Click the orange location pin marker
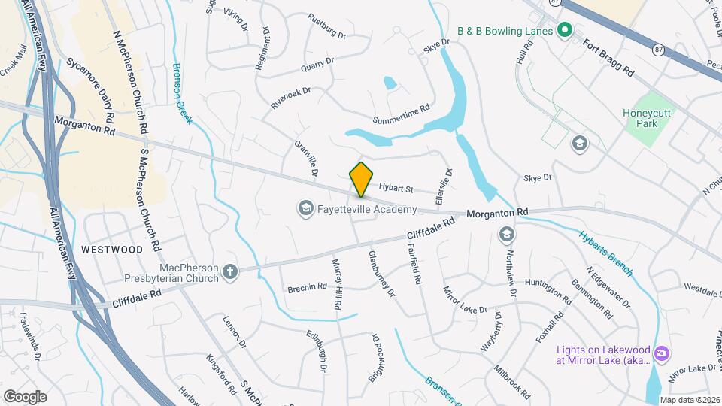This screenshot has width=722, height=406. pos(361,179)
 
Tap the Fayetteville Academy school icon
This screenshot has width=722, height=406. pos(305,208)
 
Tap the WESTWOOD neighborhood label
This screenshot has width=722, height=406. pos(112,249)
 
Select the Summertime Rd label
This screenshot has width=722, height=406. pos(402,114)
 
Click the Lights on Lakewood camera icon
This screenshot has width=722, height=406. pos(662,353)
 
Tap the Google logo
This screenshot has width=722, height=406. pos(25,396)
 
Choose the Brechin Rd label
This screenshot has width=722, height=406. pos(307,286)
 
